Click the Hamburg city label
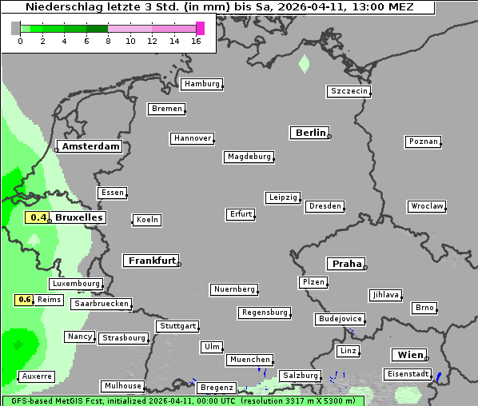(201, 84)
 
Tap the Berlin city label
(310, 133)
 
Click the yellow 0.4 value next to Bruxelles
(38, 217)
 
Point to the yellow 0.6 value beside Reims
(24, 300)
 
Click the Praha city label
(346, 264)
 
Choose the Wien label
(409, 355)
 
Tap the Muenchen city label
(250, 360)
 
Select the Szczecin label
(349, 91)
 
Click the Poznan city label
(424, 141)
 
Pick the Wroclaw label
(427, 206)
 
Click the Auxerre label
(37, 376)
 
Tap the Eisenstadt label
(408, 374)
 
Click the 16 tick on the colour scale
(196, 41)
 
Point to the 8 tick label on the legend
(108, 41)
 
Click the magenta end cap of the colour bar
(200, 28)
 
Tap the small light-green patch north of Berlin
(304, 62)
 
